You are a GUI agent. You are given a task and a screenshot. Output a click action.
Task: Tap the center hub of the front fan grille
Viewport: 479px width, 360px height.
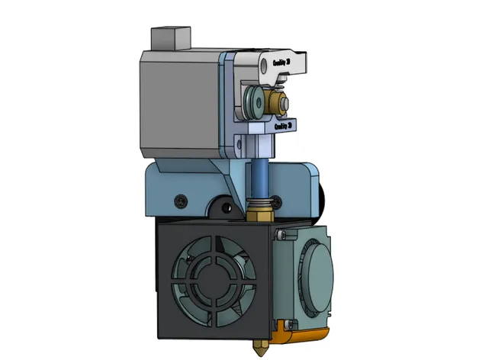click(x=215, y=278)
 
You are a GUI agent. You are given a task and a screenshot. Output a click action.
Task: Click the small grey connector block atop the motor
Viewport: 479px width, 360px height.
click(x=170, y=37)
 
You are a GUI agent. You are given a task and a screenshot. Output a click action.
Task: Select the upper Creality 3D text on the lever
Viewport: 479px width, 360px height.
click(x=281, y=61)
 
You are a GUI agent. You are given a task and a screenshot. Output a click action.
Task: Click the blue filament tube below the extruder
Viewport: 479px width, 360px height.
click(x=259, y=175)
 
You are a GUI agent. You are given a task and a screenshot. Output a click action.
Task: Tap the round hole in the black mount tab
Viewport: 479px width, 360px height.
click(x=226, y=207)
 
